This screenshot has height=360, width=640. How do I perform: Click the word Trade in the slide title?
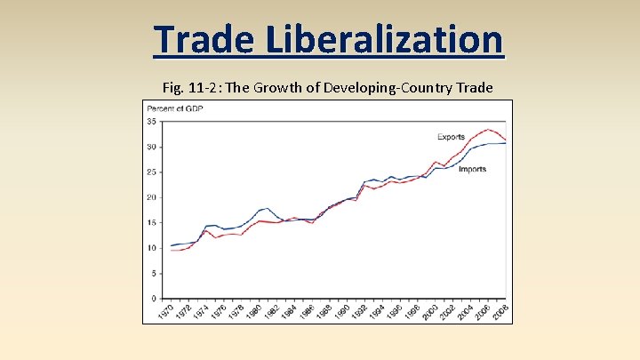(x=204, y=39)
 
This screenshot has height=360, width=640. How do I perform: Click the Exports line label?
(x=451, y=137)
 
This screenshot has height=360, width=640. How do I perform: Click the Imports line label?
(x=472, y=169)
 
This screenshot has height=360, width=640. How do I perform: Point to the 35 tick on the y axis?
(x=152, y=121)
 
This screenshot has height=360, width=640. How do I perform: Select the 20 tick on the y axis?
(x=152, y=197)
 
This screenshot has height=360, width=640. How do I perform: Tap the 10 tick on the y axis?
(x=152, y=248)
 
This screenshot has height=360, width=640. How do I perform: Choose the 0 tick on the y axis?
(x=155, y=299)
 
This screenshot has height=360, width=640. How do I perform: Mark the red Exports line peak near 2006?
(x=489, y=130)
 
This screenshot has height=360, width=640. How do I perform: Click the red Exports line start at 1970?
(x=171, y=250)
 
